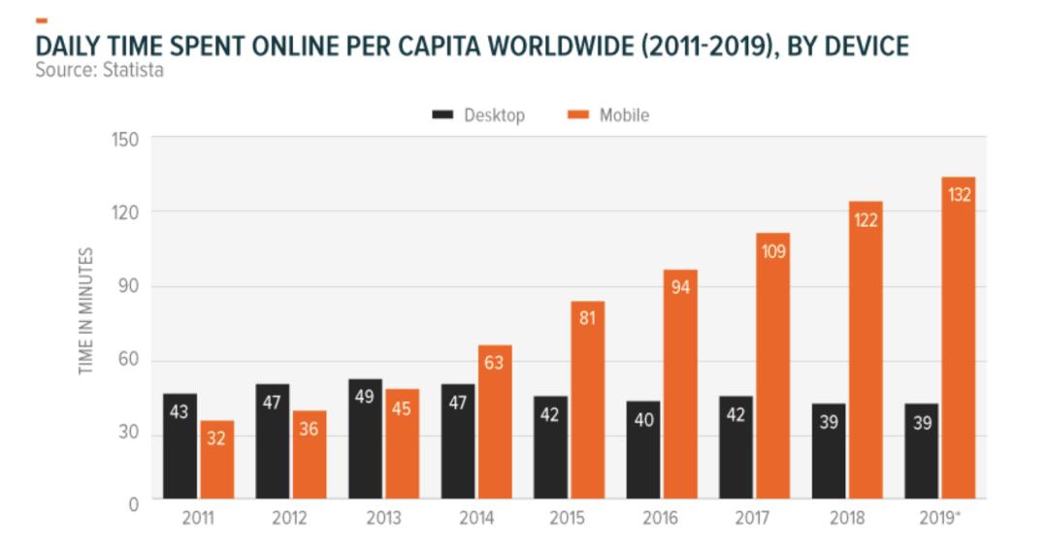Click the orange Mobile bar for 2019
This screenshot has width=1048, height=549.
tap(958, 339)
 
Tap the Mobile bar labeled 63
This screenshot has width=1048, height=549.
tap(495, 423)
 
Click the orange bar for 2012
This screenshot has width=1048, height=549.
tap(310, 455)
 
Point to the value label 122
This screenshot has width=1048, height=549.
tap(866, 220)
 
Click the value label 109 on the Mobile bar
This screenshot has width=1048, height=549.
tap(773, 252)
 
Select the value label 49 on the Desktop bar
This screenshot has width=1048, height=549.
tap(365, 397)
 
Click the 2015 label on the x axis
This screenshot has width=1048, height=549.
tap(569, 519)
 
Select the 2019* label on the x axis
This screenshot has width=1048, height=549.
tap(940, 519)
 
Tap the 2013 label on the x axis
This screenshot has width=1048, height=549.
tap(383, 519)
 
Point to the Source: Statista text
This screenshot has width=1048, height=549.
tap(99, 70)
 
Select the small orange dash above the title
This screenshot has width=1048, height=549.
tap(41, 19)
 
